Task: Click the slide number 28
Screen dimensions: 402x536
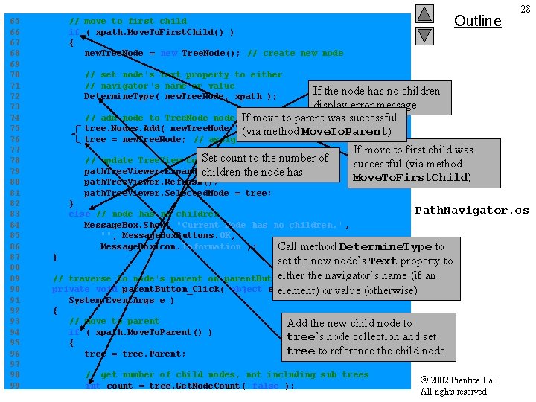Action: click(526, 8)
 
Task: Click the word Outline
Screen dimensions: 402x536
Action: click(477, 21)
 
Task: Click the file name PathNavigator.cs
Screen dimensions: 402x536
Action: click(471, 210)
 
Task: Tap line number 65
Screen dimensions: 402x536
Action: click(15, 21)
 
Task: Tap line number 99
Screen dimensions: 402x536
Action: click(15, 386)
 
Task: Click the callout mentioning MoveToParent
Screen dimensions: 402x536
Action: click(322, 124)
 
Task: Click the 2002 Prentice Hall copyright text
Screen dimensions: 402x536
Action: click(459, 386)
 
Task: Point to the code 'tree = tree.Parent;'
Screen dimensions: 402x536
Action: click(135, 354)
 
